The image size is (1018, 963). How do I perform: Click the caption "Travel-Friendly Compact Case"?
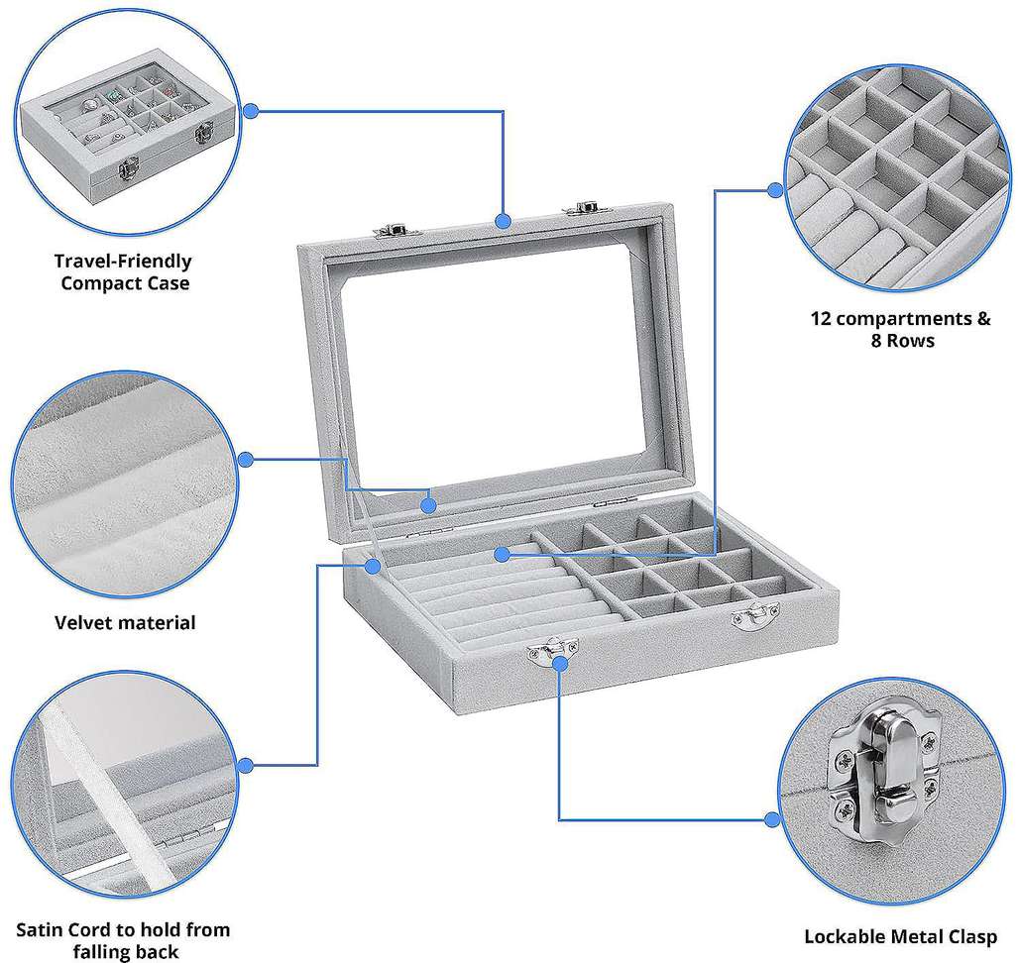tap(123, 271)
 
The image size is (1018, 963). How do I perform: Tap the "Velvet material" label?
tap(125, 622)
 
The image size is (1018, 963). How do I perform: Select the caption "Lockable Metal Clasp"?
tap(900, 936)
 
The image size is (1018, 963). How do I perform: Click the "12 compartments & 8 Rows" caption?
tap(900, 330)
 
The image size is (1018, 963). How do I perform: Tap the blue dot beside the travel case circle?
tap(251, 111)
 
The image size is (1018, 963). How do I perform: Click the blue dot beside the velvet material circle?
tap(246, 460)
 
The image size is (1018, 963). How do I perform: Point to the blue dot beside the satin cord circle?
tap(246, 765)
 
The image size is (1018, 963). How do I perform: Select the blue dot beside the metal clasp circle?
tap(772, 819)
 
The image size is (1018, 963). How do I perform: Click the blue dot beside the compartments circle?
tap(774, 190)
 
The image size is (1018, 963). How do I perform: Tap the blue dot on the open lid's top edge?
tap(503, 221)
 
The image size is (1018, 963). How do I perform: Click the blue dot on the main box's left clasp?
tap(559, 663)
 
